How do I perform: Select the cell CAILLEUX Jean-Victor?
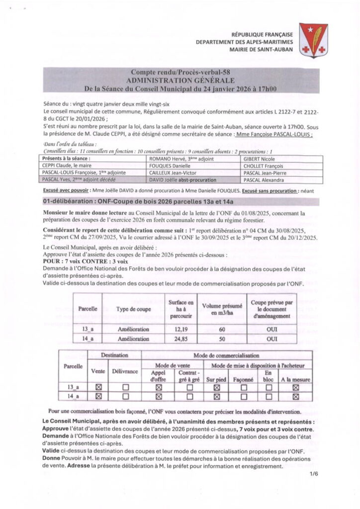(x=172, y=172)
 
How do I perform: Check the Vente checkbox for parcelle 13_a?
(x=98, y=387)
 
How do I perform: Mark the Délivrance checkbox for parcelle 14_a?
(x=125, y=396)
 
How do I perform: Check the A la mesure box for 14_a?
(x=295, y=396)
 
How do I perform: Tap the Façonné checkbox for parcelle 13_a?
(x=243, y=387)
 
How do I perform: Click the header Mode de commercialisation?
(x=226, y=356)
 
